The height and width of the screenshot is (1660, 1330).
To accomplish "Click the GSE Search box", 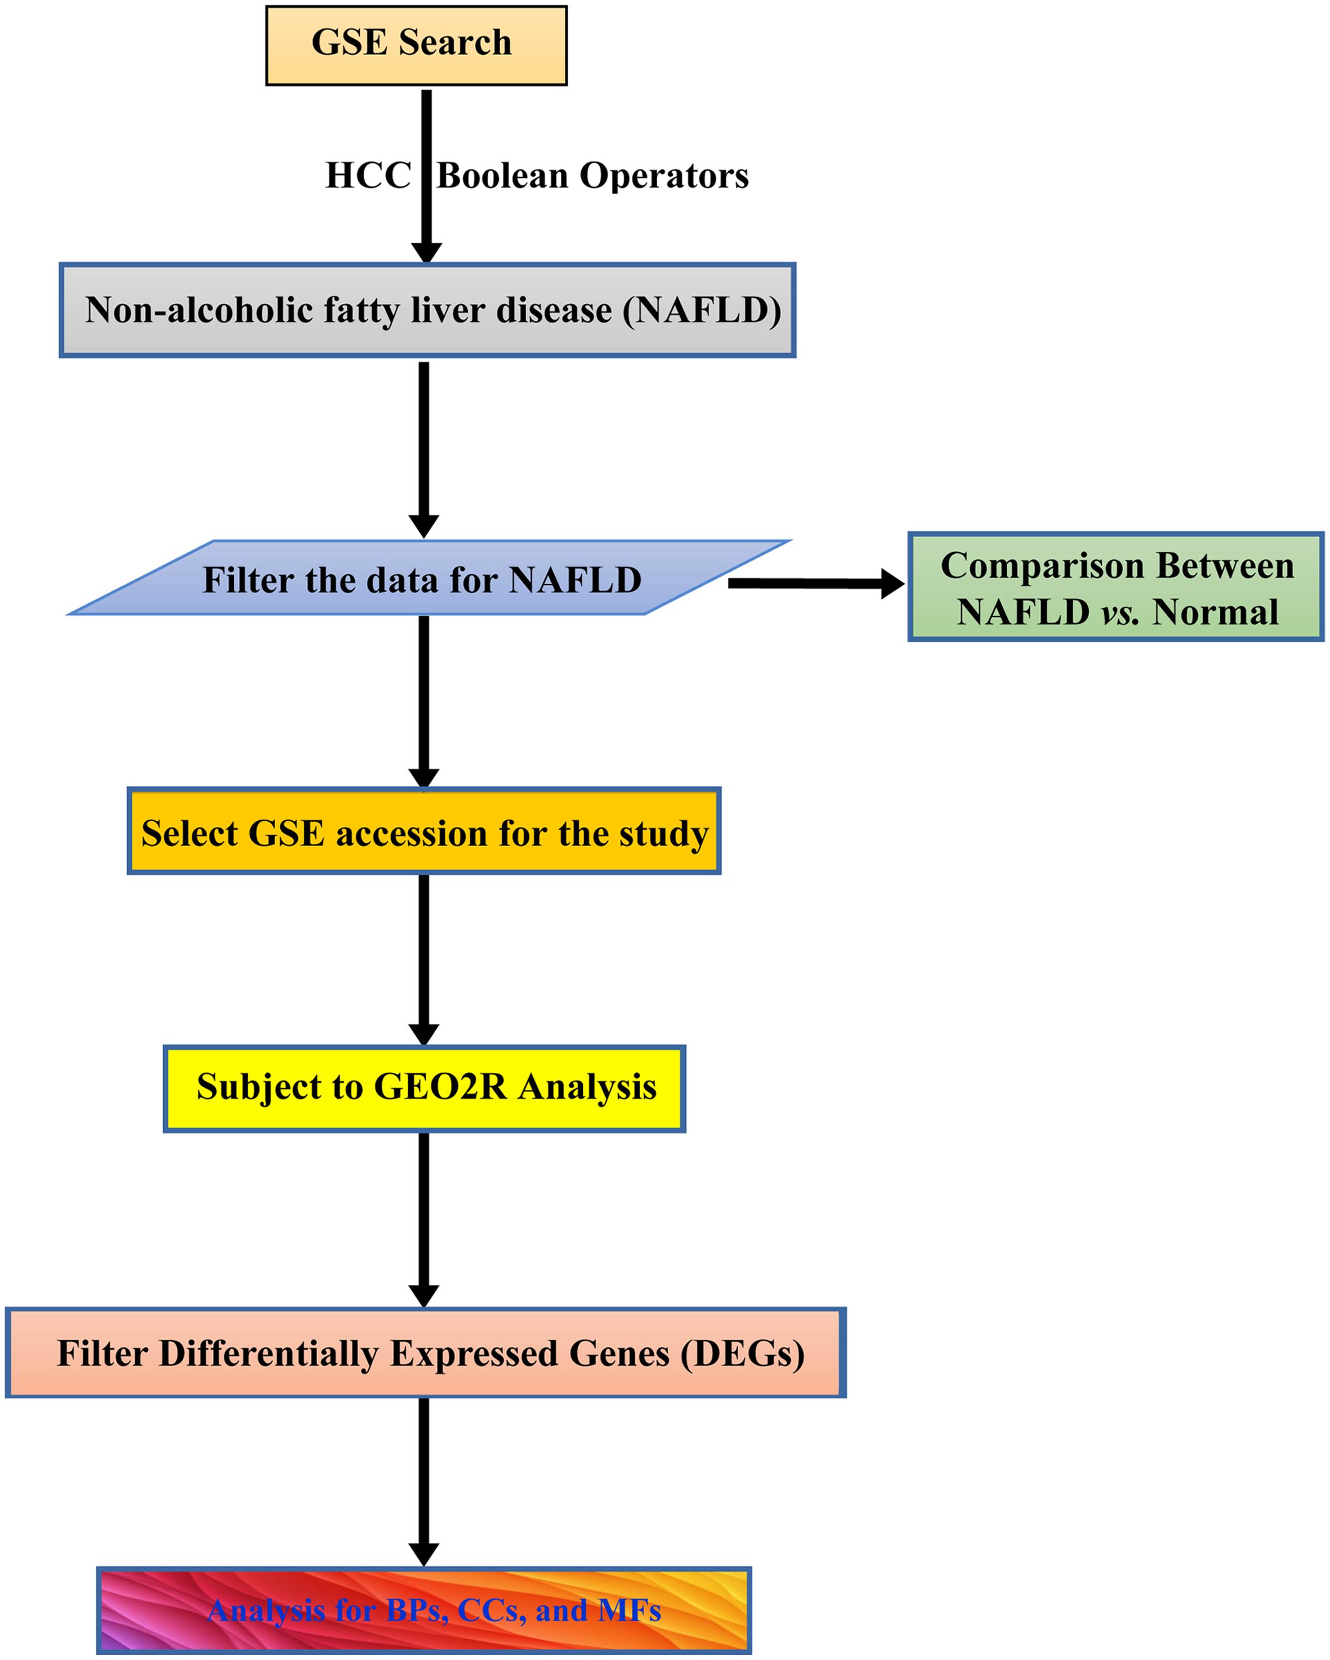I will click(x=416, y=44).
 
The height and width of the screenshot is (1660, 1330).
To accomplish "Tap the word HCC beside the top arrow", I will click(x=368, y=176).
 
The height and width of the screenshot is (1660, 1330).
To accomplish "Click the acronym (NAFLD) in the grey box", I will click(x=702, y=310).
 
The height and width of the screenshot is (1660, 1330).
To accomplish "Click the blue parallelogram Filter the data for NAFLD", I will click(x=422, y=580).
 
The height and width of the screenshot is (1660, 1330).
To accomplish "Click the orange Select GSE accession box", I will click(x=423, y=831).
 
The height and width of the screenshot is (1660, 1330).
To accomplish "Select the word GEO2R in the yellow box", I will click(x=440, y=1087).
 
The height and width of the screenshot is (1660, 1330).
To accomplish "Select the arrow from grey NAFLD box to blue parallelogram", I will click(x=423, y=446).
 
